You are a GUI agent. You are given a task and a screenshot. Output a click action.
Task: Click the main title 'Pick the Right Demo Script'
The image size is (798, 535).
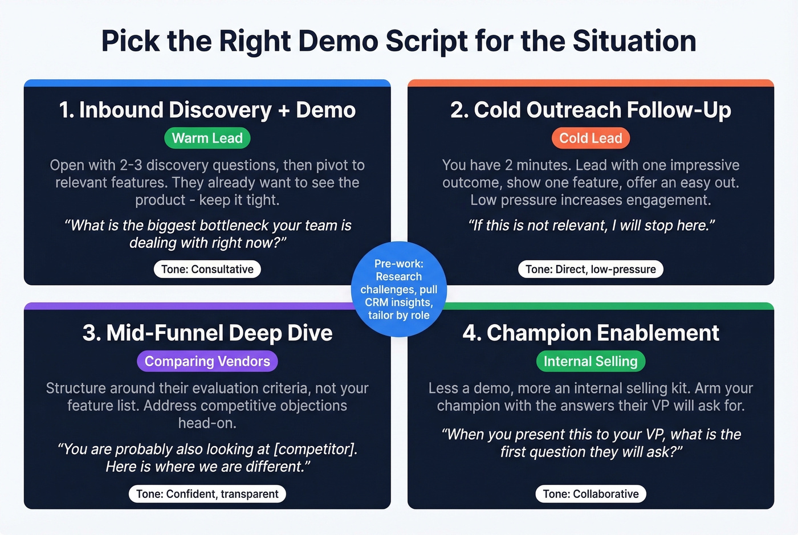pyautogui.click(x=398, y=41)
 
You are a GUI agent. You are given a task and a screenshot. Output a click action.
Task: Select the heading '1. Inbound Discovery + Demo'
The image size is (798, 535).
pyautogui.click(x=207, y=110)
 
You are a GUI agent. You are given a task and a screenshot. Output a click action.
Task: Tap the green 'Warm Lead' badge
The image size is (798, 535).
pyautogui.click(x=207, y=138)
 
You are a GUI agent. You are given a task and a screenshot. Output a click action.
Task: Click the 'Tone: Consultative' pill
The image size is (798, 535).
pyautogui.click(x=207, y=269)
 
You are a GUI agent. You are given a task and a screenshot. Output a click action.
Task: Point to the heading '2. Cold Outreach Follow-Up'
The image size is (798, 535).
pyautogui.click(x=591, y=110)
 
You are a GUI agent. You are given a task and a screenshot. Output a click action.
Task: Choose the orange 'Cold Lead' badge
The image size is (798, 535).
pyautogui.click(x=591, y=138)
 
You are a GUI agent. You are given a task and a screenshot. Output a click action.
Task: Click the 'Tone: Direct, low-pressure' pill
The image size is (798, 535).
pyautogui.click(x=591, y=269)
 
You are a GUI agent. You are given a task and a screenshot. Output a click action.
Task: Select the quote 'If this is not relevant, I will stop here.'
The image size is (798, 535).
pyautogui.click(x=591, y=226)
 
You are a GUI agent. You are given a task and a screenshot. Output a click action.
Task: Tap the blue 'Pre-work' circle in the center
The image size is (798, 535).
pyautogui.click(x=398, y=289)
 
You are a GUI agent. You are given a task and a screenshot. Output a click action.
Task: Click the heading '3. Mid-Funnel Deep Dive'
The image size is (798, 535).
pyautogui.click(x=207, y=333)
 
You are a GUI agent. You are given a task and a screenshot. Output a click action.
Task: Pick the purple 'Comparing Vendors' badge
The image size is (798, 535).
pyautogui.click(x=207, y=361)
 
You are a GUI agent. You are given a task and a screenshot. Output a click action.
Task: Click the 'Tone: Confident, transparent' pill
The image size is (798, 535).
pyautogui.click(x=207, y=494)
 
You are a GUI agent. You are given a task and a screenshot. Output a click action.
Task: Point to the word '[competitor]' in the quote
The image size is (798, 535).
pyautogui.click(x=315, y=449)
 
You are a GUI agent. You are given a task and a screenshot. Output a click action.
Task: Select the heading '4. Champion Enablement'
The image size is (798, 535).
pyautogui.click(x=591, y=333)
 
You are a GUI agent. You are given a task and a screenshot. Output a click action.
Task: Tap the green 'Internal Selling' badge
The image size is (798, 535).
pyautogui.click(x=591, y=361)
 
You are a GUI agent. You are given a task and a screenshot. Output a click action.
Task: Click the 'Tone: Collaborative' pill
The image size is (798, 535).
pyautogui.click(x=591, y=494)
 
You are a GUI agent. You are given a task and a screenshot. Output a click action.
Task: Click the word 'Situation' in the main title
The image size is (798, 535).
pyautogui.click(x=634, y=41)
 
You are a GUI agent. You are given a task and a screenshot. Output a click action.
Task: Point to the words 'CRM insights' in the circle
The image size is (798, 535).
pyautogui.click(x=398, y=303)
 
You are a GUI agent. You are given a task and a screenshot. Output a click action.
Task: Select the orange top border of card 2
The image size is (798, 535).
pyautogui.click(x=591, y=83)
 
